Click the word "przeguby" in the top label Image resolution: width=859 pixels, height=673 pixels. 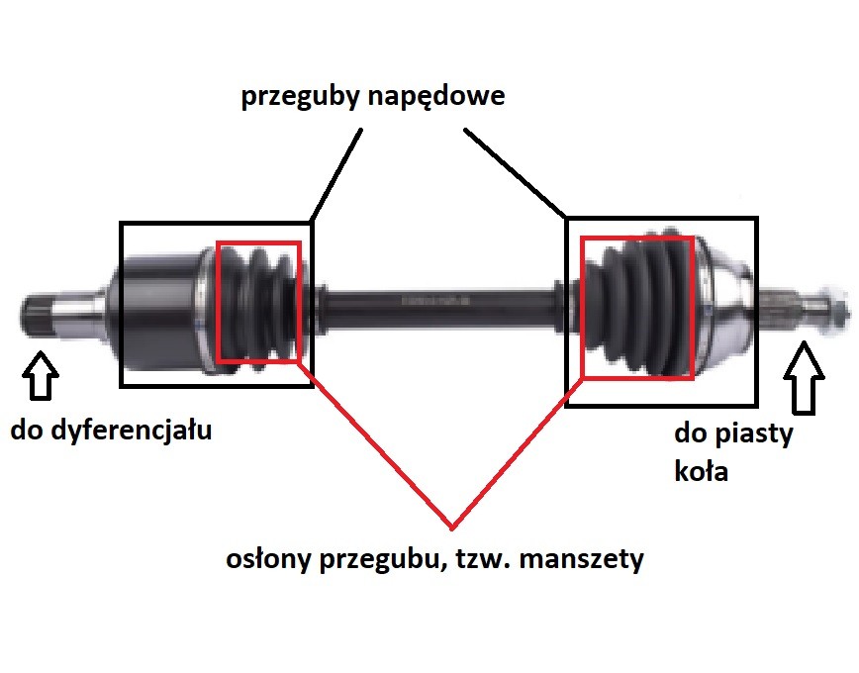click(x=301, y=97)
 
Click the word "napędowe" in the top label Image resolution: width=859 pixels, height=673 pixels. click(x=436, y=97)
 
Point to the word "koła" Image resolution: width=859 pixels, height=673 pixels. click(x=702, y=471)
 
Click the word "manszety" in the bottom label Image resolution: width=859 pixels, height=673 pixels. click(x=581, y=560)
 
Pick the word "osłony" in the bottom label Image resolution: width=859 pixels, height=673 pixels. click(x=268, y=559)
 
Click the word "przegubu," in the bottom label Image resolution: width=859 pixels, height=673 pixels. click(x=381, y=560)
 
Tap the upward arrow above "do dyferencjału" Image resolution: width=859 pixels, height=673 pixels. click(x=41, y=376)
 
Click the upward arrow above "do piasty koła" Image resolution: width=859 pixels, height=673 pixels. click(x=804, y=377)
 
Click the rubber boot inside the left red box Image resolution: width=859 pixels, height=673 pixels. click(x=258, y=303)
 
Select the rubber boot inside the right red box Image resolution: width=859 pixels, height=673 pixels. click(x=638, y=307)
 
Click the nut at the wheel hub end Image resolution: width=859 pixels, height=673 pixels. click(x=834, y=313)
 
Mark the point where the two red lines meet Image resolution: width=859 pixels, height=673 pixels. click(x=452, y=529)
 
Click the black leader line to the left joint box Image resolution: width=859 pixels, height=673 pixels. click(x=335, y=175)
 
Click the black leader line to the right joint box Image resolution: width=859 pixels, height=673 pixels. click(x=515, y=172)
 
